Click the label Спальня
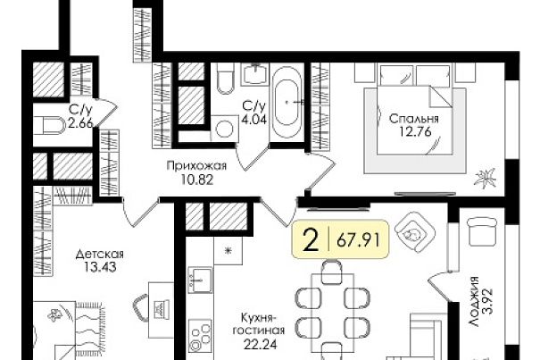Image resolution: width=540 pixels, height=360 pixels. pyautogui.click(x=413, y=119)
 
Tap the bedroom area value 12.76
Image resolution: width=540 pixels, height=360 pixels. pyautogui.click(x=415, y=131)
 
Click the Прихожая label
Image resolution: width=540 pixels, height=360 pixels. pyautogui.click(x=196, y=166)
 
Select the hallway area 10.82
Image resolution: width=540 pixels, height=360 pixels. pyautogui.click(x=197, y=180)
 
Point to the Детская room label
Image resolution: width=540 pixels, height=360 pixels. pyautogui.click(x=100, y=255)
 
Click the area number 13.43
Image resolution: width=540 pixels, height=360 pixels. pyautogui.click(x=100, y=267)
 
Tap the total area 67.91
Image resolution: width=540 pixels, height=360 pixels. pyautogui.click(x=358, y=239)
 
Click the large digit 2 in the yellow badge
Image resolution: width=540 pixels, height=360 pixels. pyautogui.click(x=311, y=239)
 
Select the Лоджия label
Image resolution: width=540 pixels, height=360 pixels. pyautogui.click(x=475, y=301)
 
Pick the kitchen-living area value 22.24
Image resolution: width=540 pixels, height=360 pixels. pyautogui.click(x=261, y=345)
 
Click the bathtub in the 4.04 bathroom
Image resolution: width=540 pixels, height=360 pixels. pyautogui.click(x=287, y=102)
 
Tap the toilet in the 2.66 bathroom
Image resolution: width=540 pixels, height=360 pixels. pyautogui.click(x=49, y=126)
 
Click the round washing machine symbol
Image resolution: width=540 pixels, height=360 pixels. pyautogui.click(x=225, y=129)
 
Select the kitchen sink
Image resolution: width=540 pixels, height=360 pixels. pyautogui.click(x=200, y=280)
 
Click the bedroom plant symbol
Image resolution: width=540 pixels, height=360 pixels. pyautogui.click(x=485, y=179)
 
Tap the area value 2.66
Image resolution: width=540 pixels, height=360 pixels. pyautogui.click(x=80, y=123)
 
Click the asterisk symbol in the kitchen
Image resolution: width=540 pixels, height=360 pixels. pyautogui.click(x=228, y=251)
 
